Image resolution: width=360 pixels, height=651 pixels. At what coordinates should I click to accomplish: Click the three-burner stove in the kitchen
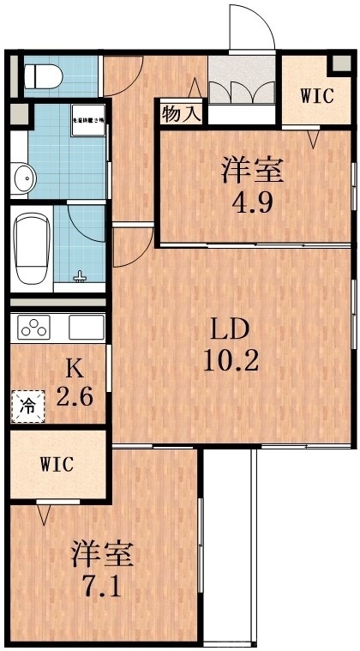pos(36,328)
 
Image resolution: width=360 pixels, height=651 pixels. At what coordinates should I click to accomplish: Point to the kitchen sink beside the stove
pos(86,328)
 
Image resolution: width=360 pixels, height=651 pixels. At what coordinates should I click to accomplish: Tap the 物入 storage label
pos(178,113)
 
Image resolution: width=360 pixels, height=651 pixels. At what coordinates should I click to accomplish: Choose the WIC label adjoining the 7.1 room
pos(57,464)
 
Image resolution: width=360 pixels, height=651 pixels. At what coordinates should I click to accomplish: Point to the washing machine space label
pos(87,121)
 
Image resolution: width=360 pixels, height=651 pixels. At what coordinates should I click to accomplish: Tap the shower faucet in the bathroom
pos(81,276)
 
